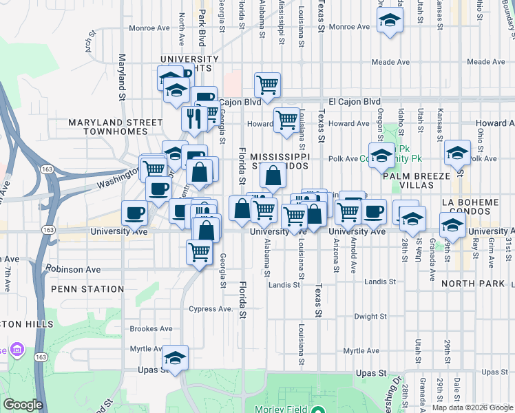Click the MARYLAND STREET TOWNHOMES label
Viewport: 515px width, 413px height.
(x=115, y=127)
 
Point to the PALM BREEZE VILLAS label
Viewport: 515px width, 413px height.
(x=421, y=180)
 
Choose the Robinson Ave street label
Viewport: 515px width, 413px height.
(x=74, y=269)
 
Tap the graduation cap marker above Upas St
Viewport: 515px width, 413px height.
(x=175, y=358)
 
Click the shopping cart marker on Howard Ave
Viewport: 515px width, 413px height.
(x=286, y=120)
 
